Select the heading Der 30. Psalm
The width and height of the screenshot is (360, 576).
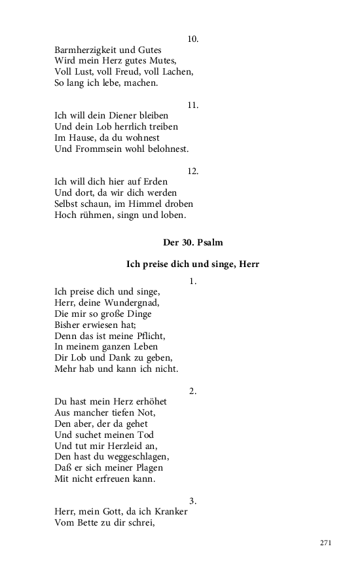coord(192,242)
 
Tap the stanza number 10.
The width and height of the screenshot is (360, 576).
coord(192,39)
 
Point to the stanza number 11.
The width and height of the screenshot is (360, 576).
coord(192,105)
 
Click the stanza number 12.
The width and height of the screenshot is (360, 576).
coord(192,171)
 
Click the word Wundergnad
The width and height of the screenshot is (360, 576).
coord(132,302)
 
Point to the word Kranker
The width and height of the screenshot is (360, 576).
coord(168,511)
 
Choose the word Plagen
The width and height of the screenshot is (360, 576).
coord(145,467)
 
